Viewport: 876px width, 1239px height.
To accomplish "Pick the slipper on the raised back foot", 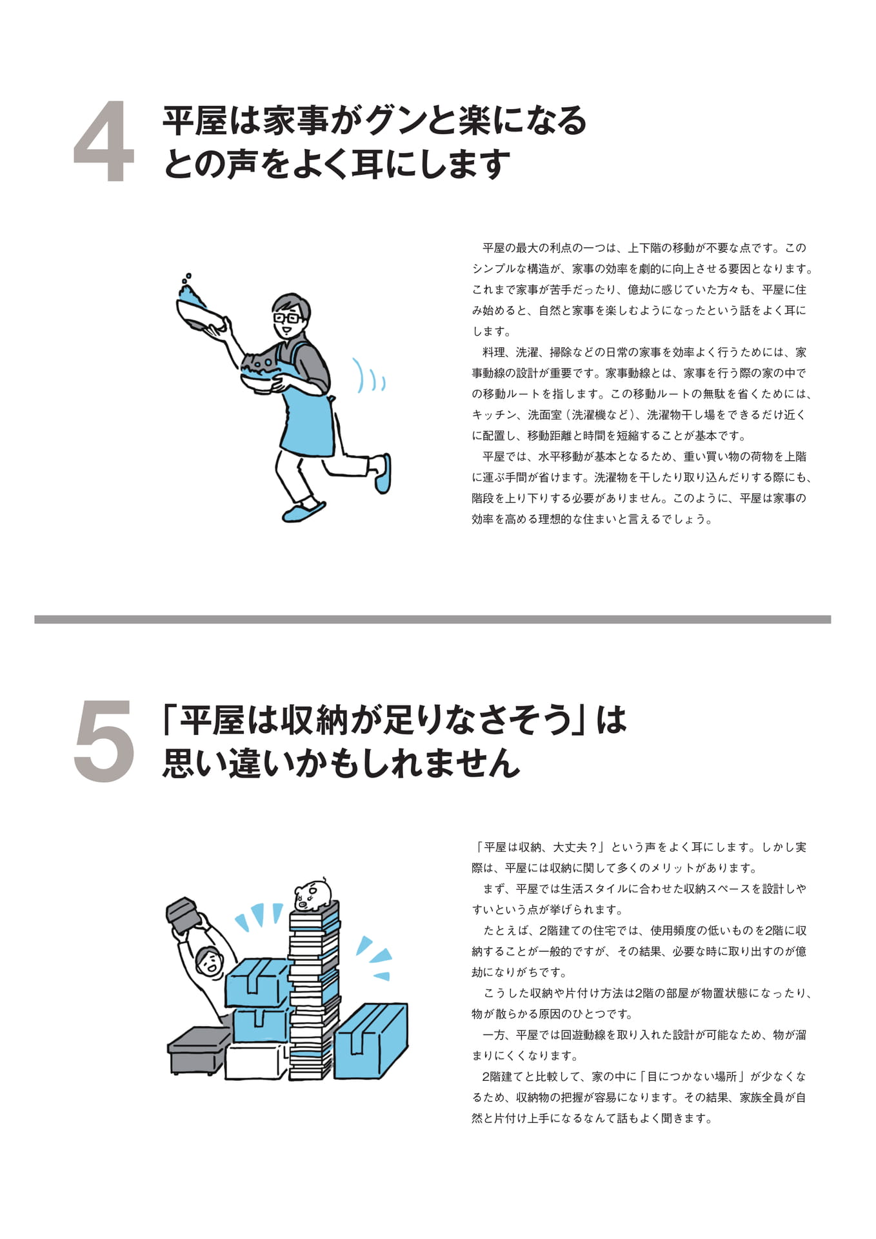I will (383, 474).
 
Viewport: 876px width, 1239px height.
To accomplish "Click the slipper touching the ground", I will (303, 512).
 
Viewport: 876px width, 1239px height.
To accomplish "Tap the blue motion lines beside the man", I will (371, 378).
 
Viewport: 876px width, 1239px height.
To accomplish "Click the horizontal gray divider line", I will (432, 619).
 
